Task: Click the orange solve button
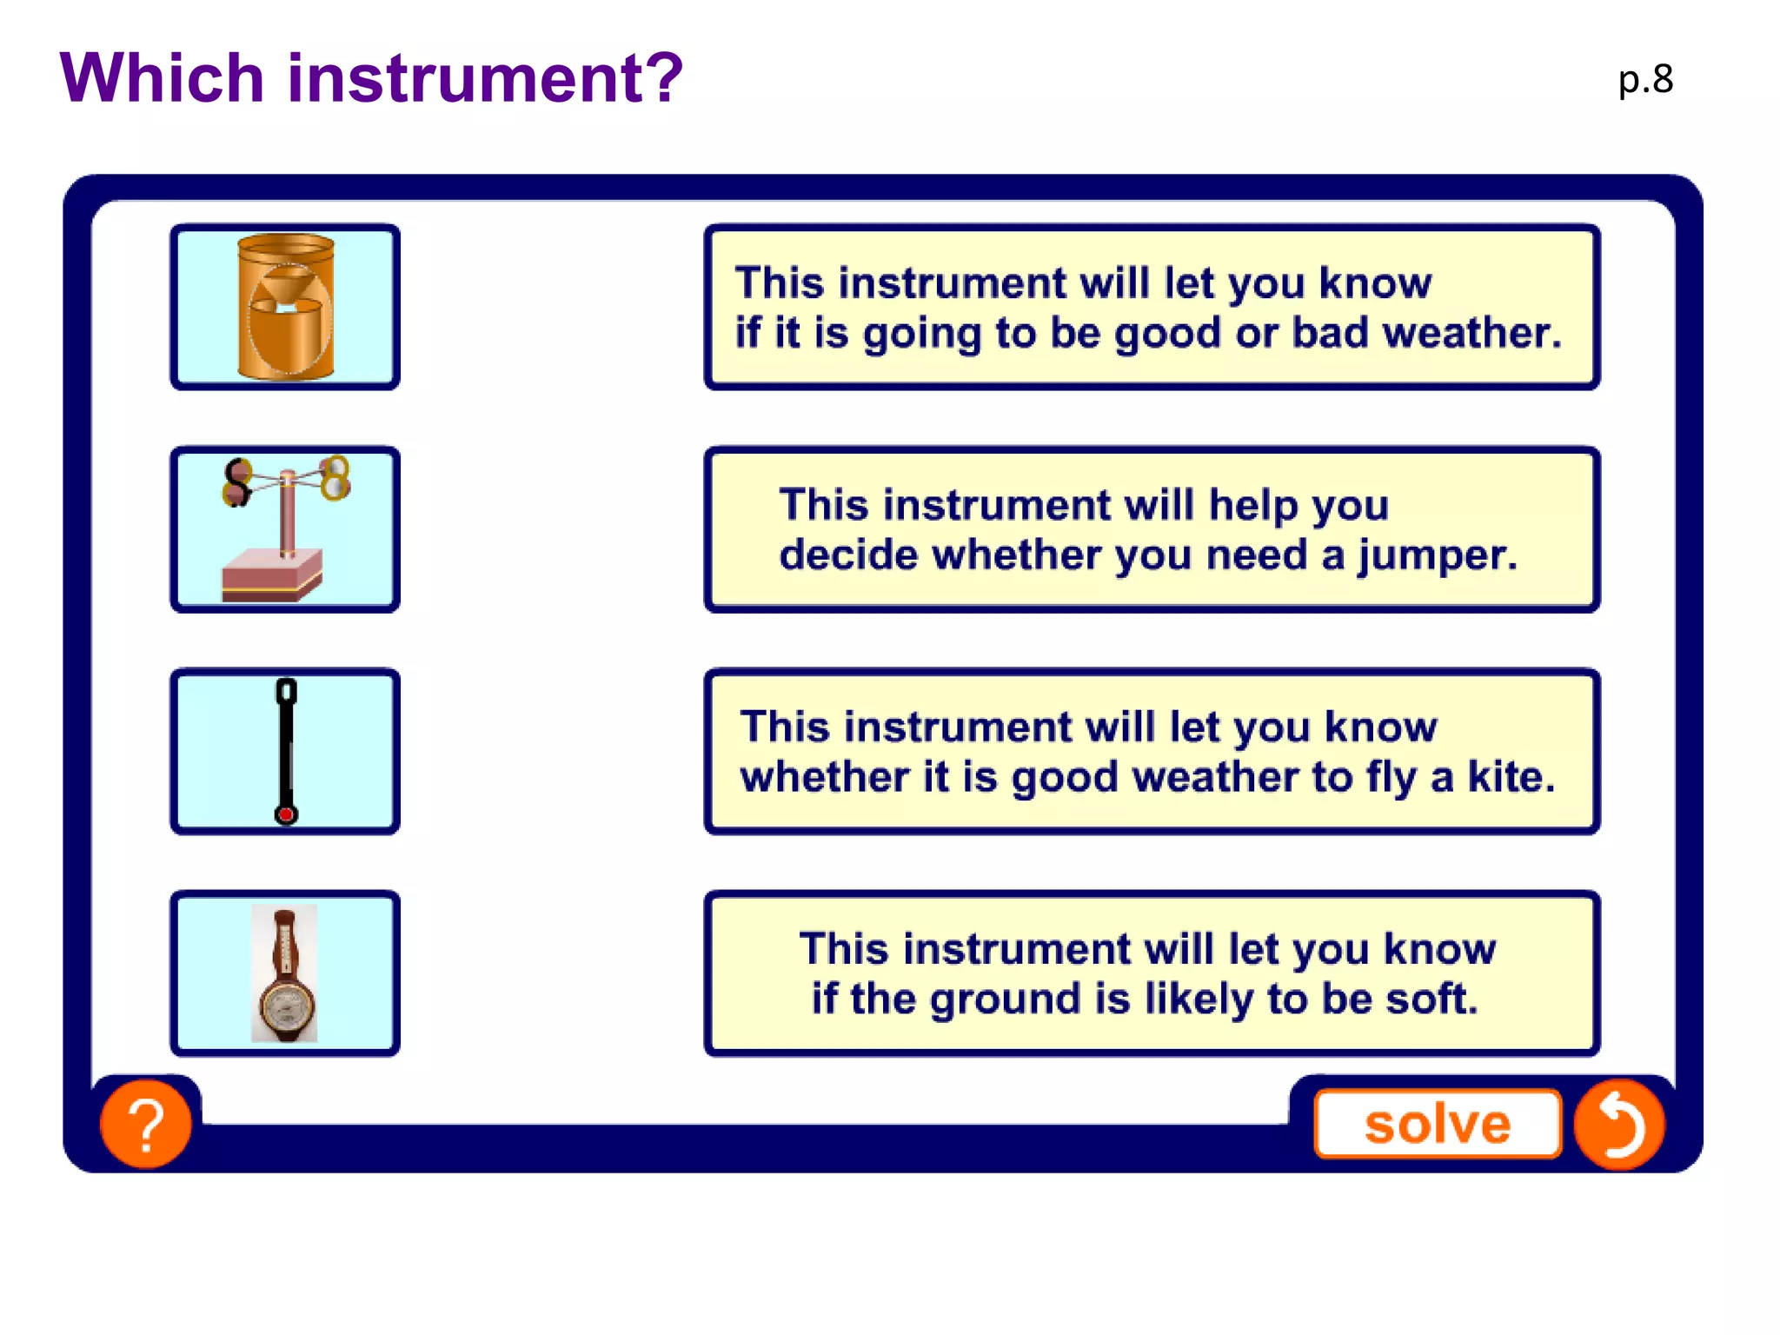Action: pyautogui.click(x=1438, y=1124)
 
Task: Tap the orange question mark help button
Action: pyautogui.click(x=146, y=1124)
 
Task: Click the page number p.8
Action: pyautogui.click(x=1644, y=80)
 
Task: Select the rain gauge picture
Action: pyautogui.click(x=285, y=307)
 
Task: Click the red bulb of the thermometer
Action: pyautogui.click(x=286, y=814)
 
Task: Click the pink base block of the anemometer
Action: pyautogui.click(x=271, y=575)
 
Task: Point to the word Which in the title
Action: pyautogui.click(x=162, y=78)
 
